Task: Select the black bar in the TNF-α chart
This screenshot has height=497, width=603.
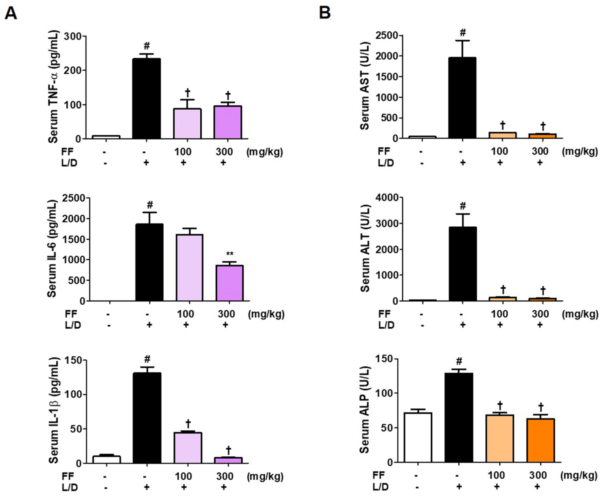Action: pyautogui.click(x=146, y=99)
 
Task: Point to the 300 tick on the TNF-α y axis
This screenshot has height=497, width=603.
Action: pyautogui.click(x=73, y=36)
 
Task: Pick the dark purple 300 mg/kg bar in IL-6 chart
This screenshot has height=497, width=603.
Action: pyautogui.click(x=230, y=283)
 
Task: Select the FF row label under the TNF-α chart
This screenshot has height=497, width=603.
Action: pyautogui.click(x=68, y=152)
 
